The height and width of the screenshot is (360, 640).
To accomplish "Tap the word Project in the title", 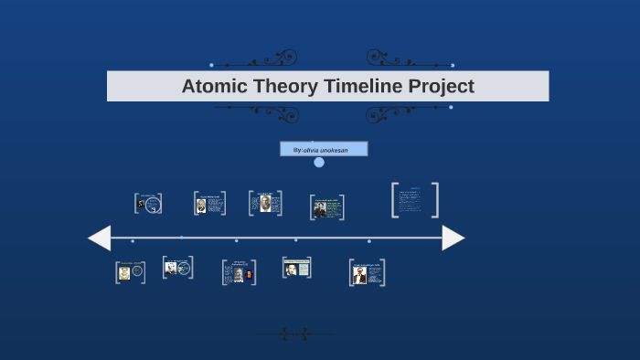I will [438, 87].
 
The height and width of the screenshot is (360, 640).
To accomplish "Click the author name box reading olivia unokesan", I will [324, 149].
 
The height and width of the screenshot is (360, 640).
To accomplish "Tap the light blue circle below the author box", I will [319, 163].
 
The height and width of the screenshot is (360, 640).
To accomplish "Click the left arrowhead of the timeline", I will [99, 238].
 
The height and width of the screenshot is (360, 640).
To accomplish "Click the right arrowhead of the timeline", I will [453, 238].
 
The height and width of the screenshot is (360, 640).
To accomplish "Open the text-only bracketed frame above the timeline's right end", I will [415, 200].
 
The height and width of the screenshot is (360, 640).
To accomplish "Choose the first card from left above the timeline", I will [148, 204].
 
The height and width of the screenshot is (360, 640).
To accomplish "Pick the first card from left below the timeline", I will [130, 272].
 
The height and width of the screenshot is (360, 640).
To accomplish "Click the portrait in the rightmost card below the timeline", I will [359, 275].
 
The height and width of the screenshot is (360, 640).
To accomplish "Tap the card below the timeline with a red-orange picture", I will [239, 272].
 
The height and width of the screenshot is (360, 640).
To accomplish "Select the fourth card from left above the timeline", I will [326, 207].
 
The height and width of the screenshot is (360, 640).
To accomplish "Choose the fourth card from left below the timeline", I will [296, 268].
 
